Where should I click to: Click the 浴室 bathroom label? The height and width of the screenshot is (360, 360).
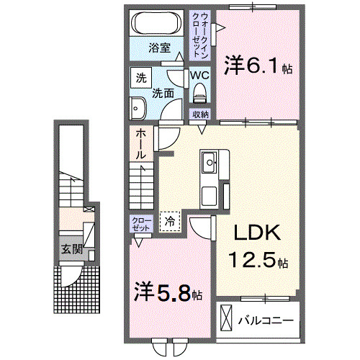click(x=160, y=49)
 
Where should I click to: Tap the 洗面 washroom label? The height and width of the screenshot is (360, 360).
click(x=162, y=92)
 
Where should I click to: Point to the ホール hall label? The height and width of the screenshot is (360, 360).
click(x=141, y=144)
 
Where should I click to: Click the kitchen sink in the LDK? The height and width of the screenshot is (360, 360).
click(x=210, y=162)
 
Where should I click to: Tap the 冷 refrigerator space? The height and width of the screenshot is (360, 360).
click(x=170, y=221)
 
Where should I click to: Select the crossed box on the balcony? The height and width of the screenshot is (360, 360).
click(x=227, y=318)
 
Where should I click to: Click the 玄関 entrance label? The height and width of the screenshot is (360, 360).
click(x=71, y=250)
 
